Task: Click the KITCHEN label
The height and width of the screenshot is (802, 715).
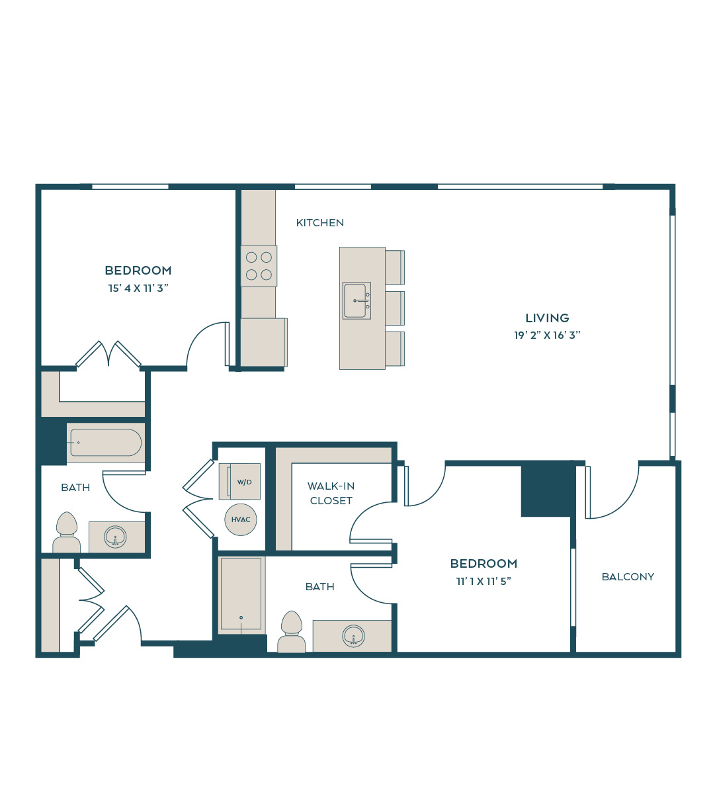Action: [x=319, y=223]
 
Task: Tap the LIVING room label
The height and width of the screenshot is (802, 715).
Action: [x=547, y=318]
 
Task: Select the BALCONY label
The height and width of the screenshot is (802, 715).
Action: [x=628, y=577]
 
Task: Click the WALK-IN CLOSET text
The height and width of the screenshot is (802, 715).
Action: [x=331, y=493]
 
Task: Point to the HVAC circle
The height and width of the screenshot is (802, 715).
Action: [x=241, y=519]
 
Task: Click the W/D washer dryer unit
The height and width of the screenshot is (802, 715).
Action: [x=240, y=481]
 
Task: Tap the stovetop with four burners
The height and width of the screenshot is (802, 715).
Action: [x=259, y=266]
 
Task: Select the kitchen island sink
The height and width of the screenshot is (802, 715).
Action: [x=357, y=301]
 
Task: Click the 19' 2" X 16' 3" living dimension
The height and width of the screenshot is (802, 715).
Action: [x=547, y=335]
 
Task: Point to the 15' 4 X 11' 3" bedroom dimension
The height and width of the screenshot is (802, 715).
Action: [x=138, y=289]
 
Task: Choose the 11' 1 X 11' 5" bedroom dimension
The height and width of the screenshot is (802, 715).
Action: [x=484, y=581]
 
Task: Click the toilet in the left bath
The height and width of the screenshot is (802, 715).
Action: [x=67, y=533]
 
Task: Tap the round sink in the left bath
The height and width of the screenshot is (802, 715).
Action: [x=115, y=537]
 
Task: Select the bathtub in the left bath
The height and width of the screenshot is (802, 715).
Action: [x=106, y=443]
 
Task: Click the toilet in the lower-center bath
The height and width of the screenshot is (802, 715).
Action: [x=291, y=631]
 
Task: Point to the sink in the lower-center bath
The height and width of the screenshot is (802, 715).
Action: [x=353, y=636]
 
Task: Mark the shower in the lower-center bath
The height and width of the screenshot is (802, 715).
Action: [x=241, y=595]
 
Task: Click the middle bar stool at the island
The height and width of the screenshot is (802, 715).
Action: [x=395, y=308]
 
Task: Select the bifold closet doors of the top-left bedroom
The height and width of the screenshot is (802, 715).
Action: [x=108, y=353]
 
